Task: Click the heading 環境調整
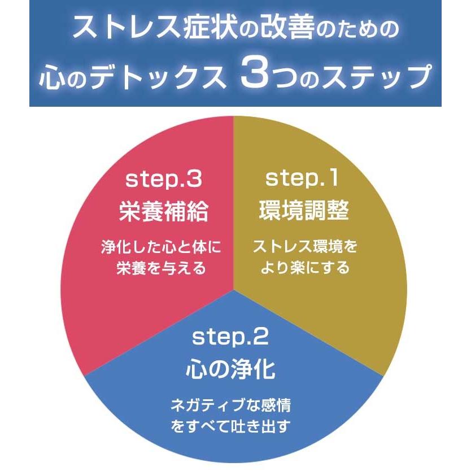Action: coord(304,212)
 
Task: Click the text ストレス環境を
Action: coord(305,247)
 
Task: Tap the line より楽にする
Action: coord(305,267)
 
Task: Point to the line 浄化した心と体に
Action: coord(160,247)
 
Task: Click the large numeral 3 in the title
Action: coord(252,76)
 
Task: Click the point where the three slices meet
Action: coord(233,290)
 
